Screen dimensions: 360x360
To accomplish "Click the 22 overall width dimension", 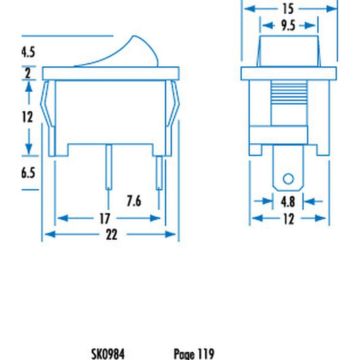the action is coord(111,234).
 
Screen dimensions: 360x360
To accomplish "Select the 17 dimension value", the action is coord(105,218).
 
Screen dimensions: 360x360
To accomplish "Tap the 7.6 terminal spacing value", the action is coord(134,201).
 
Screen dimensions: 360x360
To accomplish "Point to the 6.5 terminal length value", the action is coord(28,173).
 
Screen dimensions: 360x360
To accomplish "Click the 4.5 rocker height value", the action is coord(28,52).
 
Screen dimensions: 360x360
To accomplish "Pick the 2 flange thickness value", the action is coord(28,74).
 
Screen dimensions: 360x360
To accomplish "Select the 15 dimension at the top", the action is coord(288,9).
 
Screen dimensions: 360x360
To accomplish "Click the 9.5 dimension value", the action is coord(288,25).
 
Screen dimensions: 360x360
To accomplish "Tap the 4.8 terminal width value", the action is coord(288,202).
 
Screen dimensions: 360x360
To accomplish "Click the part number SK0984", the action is coord(108,354).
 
